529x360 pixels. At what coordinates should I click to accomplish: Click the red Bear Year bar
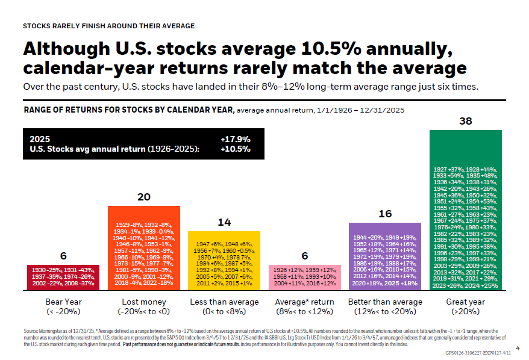[x=63, y=277]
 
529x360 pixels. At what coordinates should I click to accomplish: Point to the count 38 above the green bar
[x=465, y=122]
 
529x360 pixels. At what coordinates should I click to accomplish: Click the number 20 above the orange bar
[x=143, y=197]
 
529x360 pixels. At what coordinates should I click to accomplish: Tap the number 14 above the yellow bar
[x=224, y=222]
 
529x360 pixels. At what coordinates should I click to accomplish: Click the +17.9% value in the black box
[x=236, y=139]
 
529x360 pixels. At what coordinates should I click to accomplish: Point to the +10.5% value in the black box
[x=236, y=149]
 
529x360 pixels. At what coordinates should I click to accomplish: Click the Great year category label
[x=465, y=302]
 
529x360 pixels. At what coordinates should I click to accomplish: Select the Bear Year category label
[x=63, y=302]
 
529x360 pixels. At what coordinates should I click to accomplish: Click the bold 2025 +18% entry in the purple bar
[x=401, y=283]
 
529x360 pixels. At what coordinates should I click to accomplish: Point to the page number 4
[x=518, y=347]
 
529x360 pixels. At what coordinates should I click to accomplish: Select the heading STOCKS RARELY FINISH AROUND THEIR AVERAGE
[x=108, y=26]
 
